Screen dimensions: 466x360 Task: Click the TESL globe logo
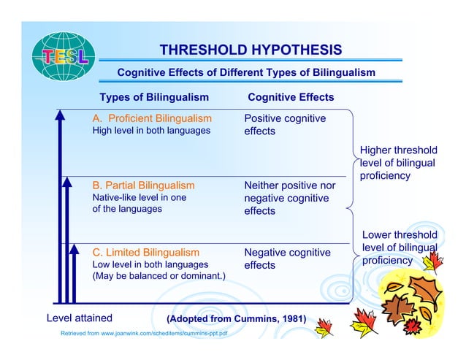click(64, 56)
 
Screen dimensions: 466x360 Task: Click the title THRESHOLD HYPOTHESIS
click(251, 50)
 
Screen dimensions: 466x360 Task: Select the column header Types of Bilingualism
click(154, 97)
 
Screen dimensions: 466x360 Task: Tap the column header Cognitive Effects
click(291, 97)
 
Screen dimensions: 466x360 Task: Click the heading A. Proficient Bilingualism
click(152, 118)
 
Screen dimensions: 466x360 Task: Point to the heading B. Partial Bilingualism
click(144, 185)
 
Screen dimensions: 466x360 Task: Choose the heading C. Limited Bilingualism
click(146, 253)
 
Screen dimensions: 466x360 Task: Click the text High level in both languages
click(151, 131)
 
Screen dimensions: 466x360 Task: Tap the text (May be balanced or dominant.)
click(159, 276)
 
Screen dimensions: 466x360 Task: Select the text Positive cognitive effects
click(285, 125)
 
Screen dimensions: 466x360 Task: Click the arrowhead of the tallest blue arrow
click(60, 115)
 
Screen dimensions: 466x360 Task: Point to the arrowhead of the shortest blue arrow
click(74, 249)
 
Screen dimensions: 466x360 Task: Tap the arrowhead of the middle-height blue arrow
click(67, 182)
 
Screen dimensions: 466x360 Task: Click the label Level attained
click(80, 318)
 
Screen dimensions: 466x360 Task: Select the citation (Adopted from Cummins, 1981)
click(237, 319)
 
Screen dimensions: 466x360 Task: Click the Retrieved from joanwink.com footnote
click(144, 333)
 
